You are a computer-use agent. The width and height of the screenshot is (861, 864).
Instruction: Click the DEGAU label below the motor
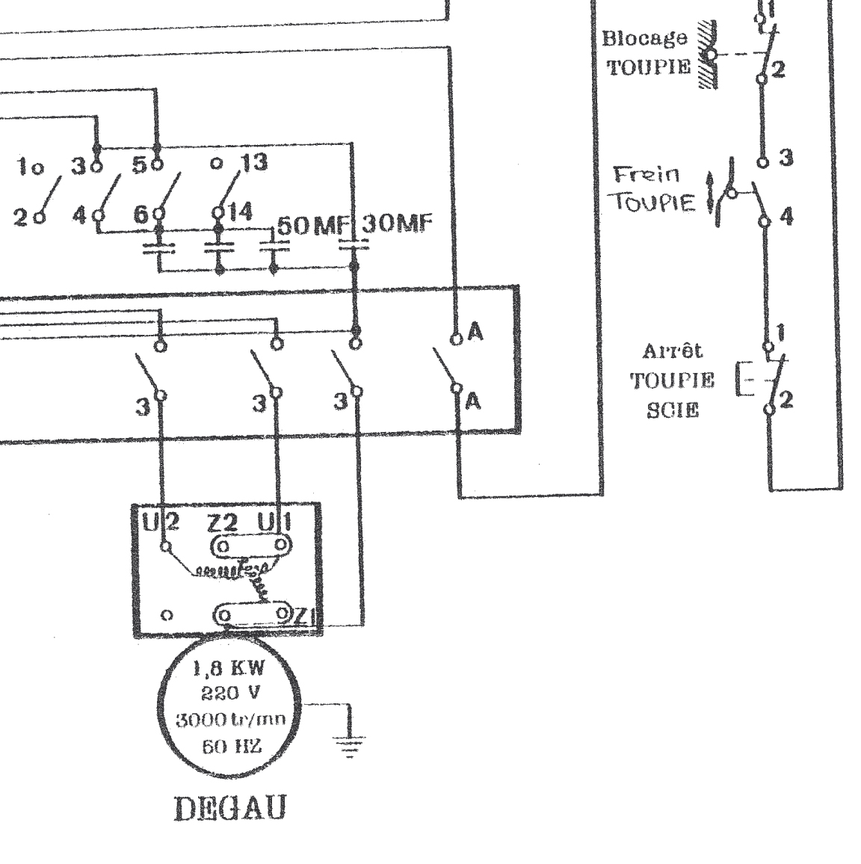pyautogui.click(x=229, y=809)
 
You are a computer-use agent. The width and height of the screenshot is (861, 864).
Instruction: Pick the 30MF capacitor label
pyautogui.click(x=396, y=224)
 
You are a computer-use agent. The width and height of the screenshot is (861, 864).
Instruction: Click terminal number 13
pyautogui.click(x=254, y=162)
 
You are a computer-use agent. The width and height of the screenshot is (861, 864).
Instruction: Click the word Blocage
pyautogui.click(x=644, y=38)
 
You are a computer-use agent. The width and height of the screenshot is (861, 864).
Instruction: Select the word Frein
pyautogui.click(x=647, y=175)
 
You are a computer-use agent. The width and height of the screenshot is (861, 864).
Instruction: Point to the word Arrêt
pyautogui.click(x=673, y=351)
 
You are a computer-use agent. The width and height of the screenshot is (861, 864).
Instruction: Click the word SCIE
pyautogui.click(x=673, y=410)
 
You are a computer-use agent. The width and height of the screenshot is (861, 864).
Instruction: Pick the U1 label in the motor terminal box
pyautogui.click(x=272, y=522)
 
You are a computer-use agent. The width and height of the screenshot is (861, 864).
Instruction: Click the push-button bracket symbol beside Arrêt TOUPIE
pyautogui.click(x=741, y=378)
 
